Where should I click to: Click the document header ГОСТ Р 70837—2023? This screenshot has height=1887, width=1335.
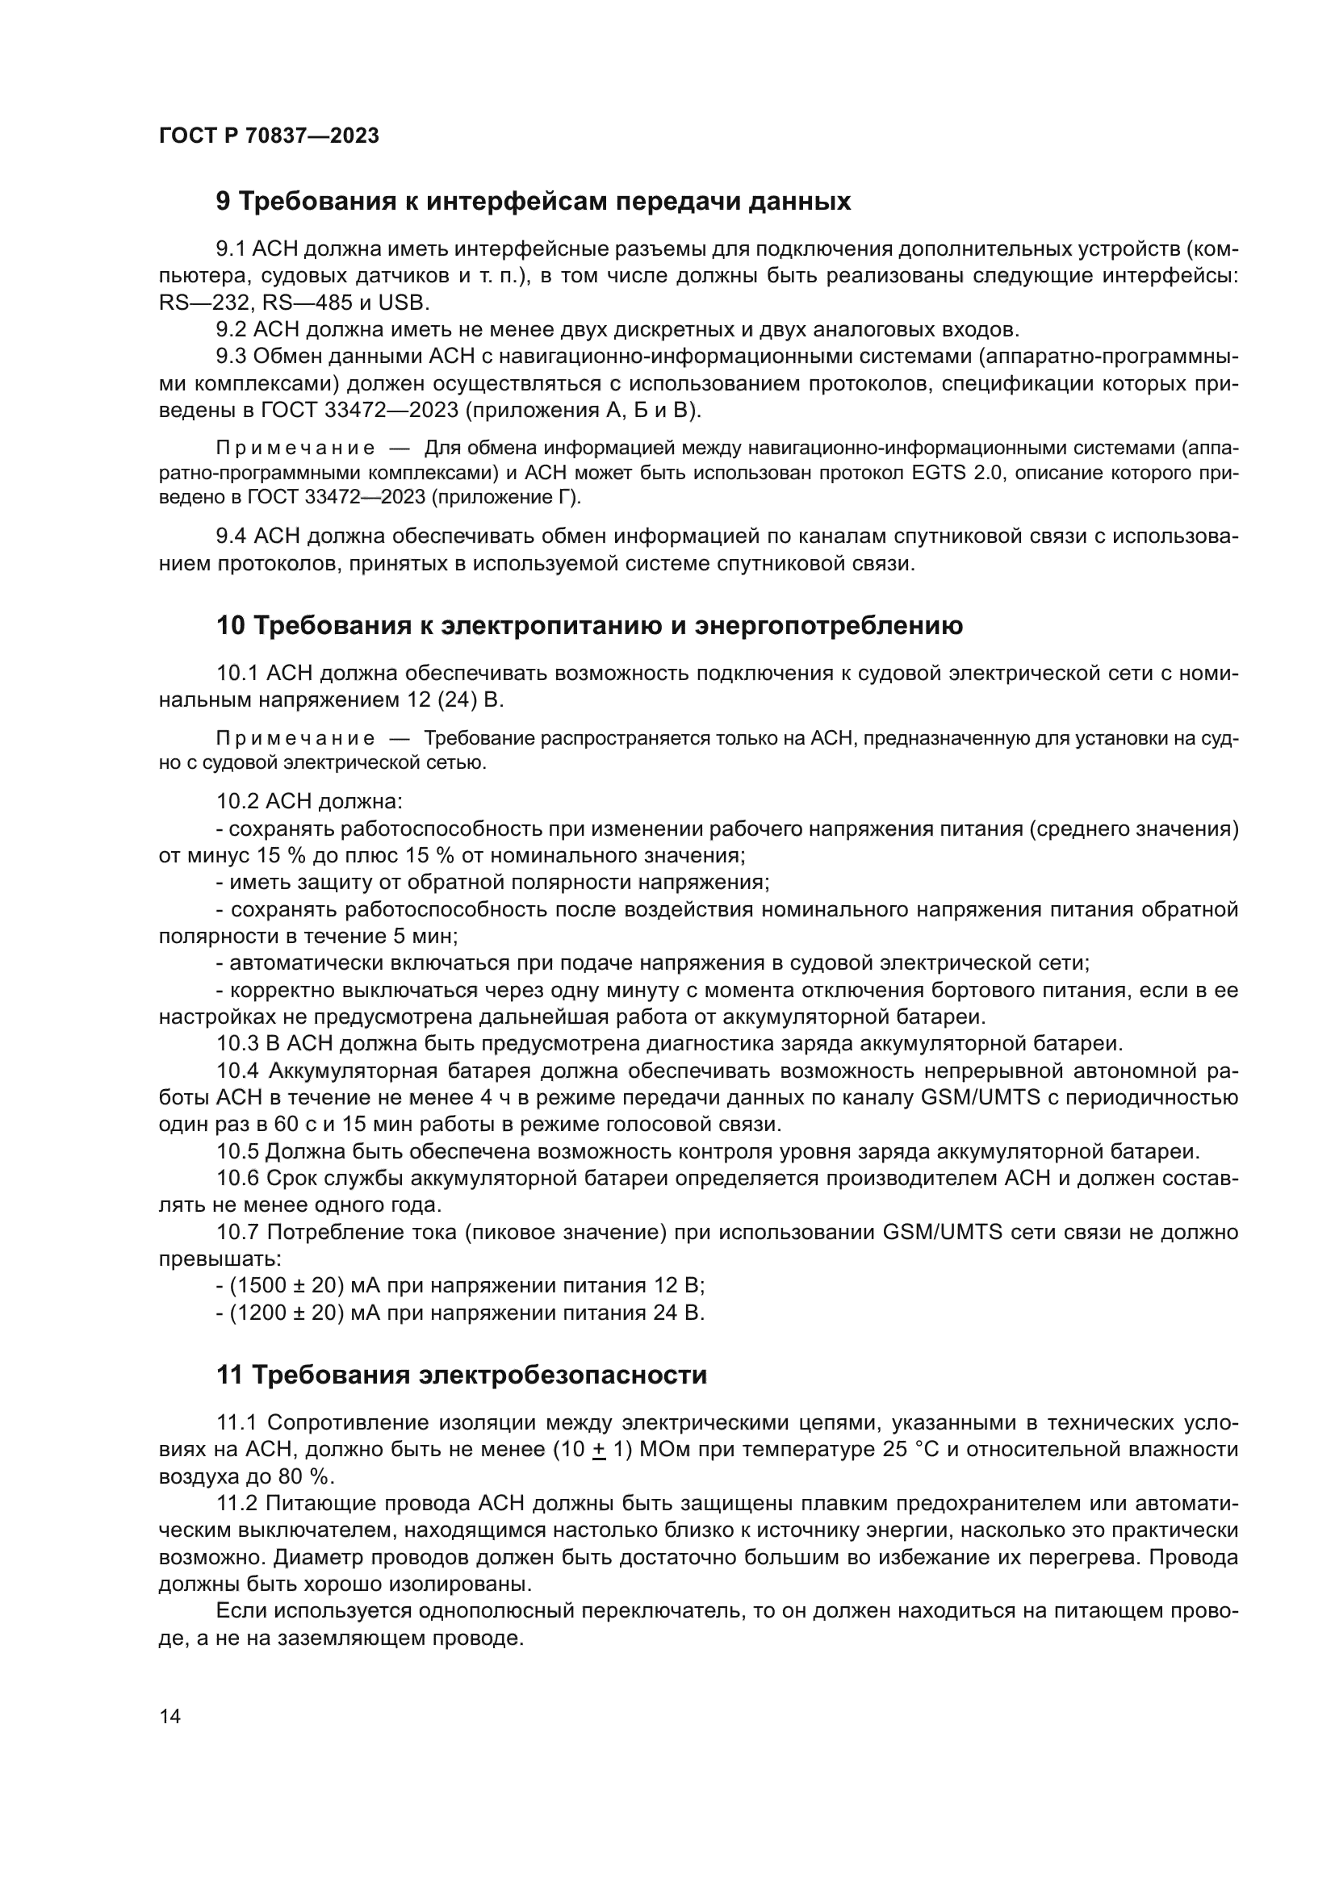coord(269,136)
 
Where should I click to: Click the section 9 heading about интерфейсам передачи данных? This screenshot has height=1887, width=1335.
coord(533,202)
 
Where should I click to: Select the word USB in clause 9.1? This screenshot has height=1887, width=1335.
coord(403,303)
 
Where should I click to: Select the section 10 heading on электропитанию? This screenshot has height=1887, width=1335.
coord(588,625)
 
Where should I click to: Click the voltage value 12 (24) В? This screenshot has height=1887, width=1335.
coord(454,699)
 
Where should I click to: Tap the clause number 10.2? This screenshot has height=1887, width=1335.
coord(237,800)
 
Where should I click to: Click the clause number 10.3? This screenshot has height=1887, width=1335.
coord(237,1044)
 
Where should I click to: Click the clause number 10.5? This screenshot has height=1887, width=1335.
coord(237,1151)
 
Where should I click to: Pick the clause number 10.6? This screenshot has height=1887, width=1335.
coord(237,1179)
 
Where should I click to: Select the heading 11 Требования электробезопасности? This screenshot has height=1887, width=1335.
coord(461,1375)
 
